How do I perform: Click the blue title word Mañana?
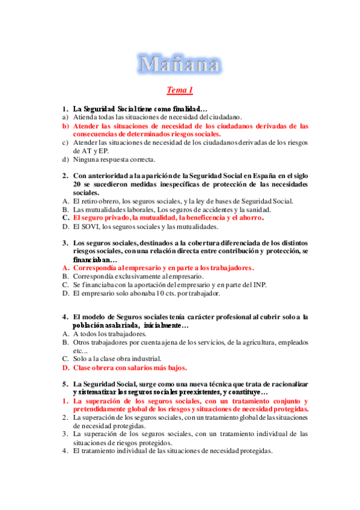[x=179, y=63]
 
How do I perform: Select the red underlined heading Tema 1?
[x=179, y=91]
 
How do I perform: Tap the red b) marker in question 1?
[x=66, y=126]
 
